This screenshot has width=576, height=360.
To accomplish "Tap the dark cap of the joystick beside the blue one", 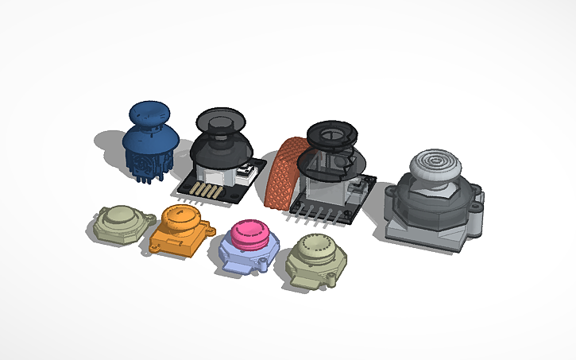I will (x=222, y=121).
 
